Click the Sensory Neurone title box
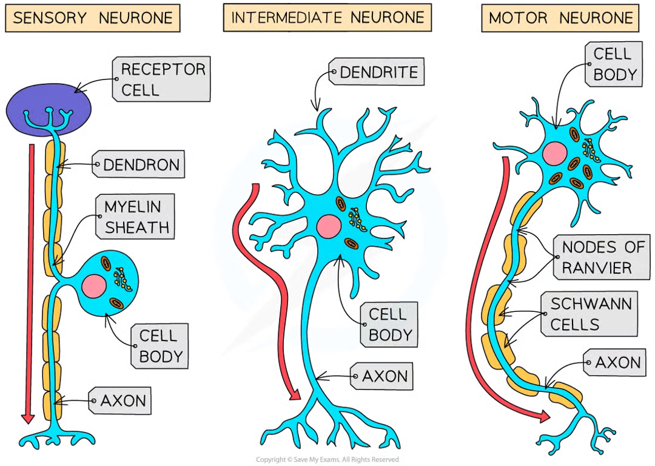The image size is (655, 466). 92,18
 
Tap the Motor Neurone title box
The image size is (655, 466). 563,18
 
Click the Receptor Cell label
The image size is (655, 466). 162,79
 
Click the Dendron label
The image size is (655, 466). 139,164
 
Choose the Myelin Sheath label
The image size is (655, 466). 135,217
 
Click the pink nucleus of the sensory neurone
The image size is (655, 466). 95,285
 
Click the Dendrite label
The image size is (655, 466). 377,73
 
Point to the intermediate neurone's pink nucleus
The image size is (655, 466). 328,226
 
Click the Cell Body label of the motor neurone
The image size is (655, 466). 614,64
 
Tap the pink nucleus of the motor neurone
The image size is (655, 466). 553,153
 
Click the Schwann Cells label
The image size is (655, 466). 589,314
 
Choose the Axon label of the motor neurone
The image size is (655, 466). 616,363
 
